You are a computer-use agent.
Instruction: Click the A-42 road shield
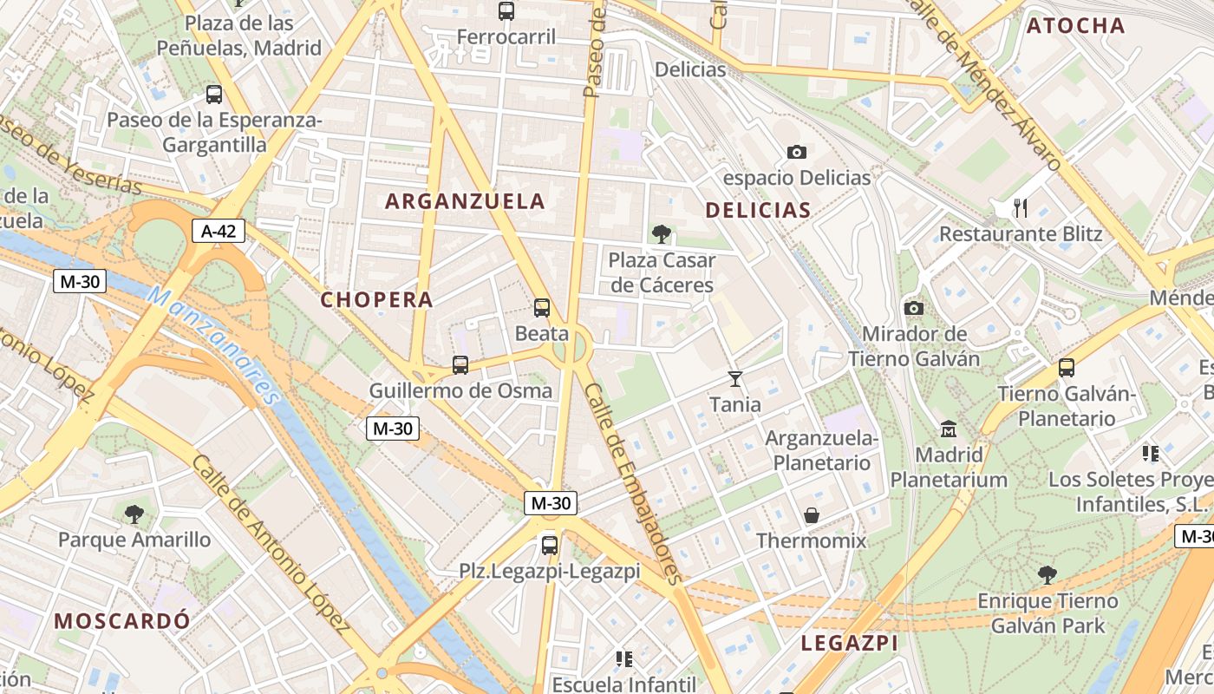pyautogui.click(x=219, y=231)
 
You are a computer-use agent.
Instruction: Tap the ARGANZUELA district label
pyautogui.click(x=465, y=201)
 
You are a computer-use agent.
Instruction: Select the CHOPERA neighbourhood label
pyautogui.click(x=376, y=299)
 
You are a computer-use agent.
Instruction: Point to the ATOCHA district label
pyautogui.click(x=1075, y=26)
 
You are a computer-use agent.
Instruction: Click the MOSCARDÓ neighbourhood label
pyautogui.click(x=121, y=620)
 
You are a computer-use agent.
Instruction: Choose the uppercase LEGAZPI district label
pyautogui.click(x=849, y=643)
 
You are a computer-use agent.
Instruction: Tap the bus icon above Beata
pyautogui.click(x=542, y=308)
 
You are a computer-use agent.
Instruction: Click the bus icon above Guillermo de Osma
pyautogui.click(x=460, y=365)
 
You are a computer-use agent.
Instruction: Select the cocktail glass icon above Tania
pyautogui.click(x=735, y=378)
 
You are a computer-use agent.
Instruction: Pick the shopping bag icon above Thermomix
pyautogui.click(x=812, y=515)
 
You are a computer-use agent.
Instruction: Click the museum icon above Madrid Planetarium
pyautogui.click(x=949, y=429)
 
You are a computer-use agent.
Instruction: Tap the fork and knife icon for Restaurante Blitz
pyautogui.click(x=1021, y=208)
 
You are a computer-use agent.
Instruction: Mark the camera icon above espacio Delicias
pyautogui.click(x=796, y=153)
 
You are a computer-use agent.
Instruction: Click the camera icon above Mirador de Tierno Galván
pyautogui.click(x=913, y=308)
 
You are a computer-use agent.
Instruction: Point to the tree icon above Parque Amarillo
pyautogui.click(x=134, y=514)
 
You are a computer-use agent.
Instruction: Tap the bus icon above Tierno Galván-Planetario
pyautogui.click(x=1067, y=368)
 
